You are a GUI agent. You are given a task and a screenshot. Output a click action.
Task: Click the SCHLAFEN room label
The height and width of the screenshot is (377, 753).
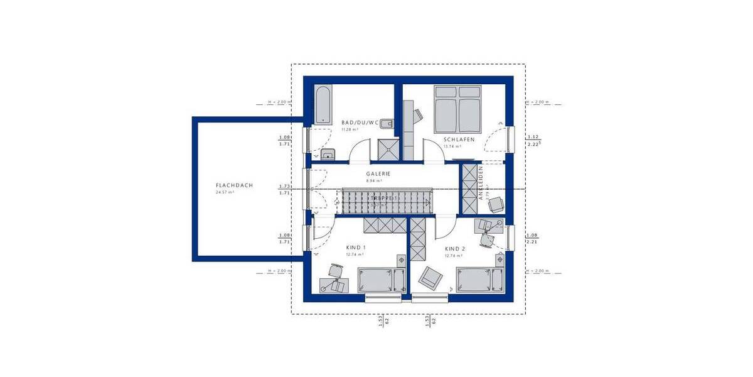[459, 139]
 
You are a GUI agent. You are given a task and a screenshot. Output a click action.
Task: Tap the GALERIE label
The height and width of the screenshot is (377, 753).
[378, 173]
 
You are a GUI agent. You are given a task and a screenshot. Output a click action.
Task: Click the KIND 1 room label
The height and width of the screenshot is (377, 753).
[356, 248]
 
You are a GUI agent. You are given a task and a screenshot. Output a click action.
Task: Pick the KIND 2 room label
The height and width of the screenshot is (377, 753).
[454, 249]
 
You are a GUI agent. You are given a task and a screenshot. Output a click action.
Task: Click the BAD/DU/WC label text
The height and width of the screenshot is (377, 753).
[360, 123]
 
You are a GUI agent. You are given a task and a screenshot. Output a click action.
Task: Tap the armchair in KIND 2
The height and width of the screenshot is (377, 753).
[431, 276]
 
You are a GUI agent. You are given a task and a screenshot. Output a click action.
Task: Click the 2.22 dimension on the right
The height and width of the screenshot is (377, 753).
[533, 145]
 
